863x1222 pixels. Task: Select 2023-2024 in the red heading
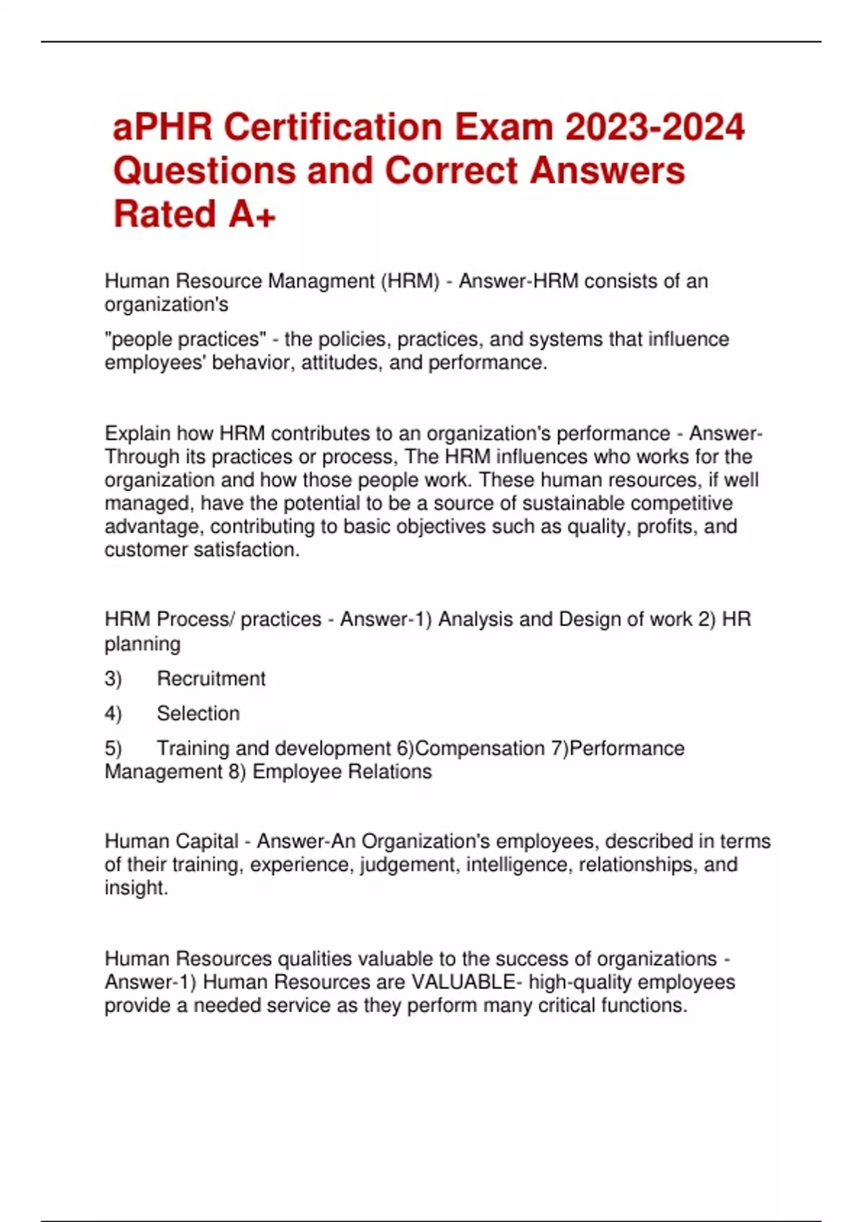[654, 128]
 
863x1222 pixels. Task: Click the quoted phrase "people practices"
[186, 339]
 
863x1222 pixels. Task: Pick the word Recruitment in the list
[211, 679]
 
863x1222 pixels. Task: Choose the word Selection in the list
[198, 714]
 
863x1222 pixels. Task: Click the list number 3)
[113, 679]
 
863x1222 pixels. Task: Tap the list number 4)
[113, 714]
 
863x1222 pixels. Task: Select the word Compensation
[480, 748]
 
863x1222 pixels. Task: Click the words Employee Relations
[342, 772]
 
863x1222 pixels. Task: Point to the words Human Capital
[171, 841]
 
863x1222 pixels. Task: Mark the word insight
[136, 888]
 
